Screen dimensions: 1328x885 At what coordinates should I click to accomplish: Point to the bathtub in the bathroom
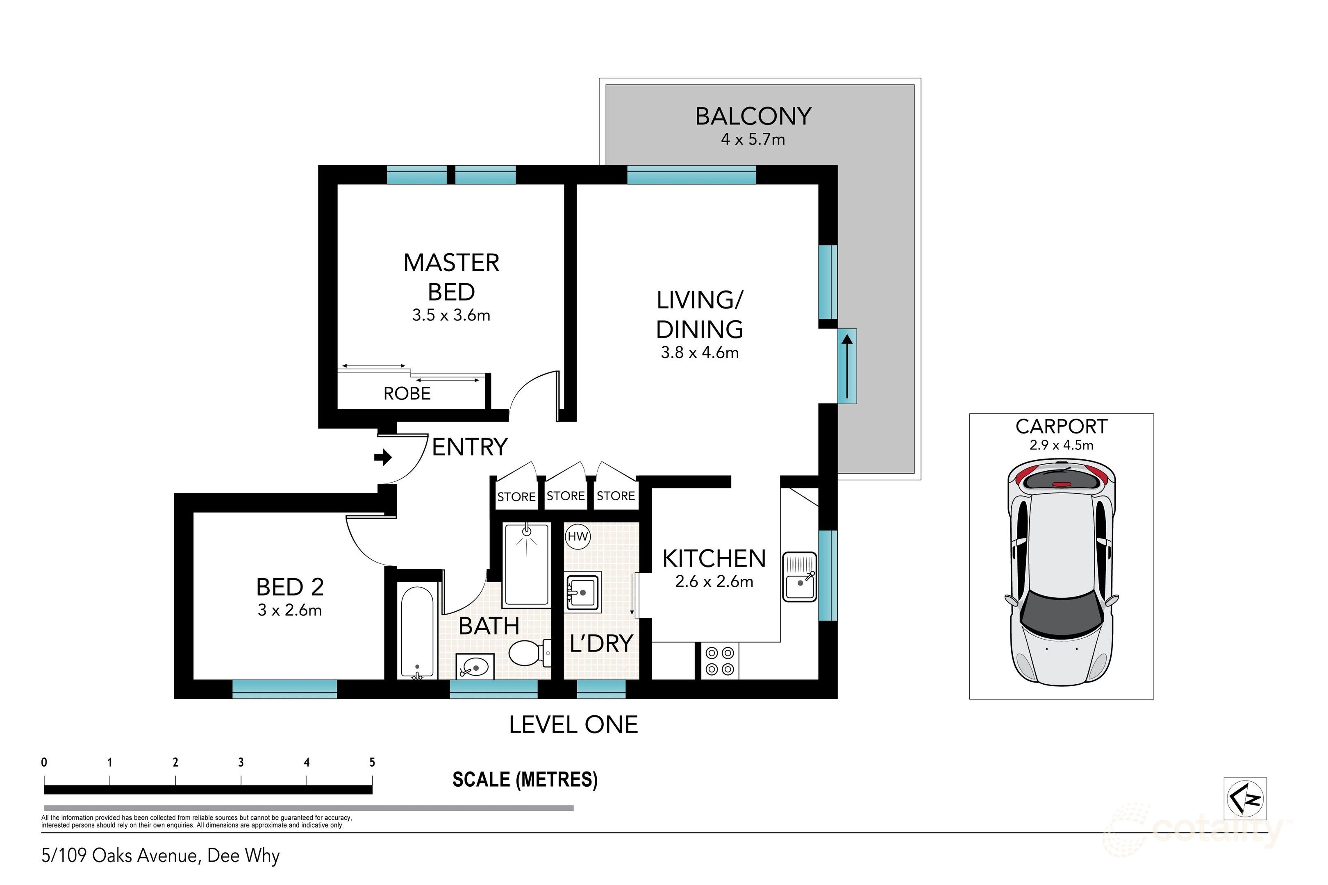pyautogui.click(x=417, y=630)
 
